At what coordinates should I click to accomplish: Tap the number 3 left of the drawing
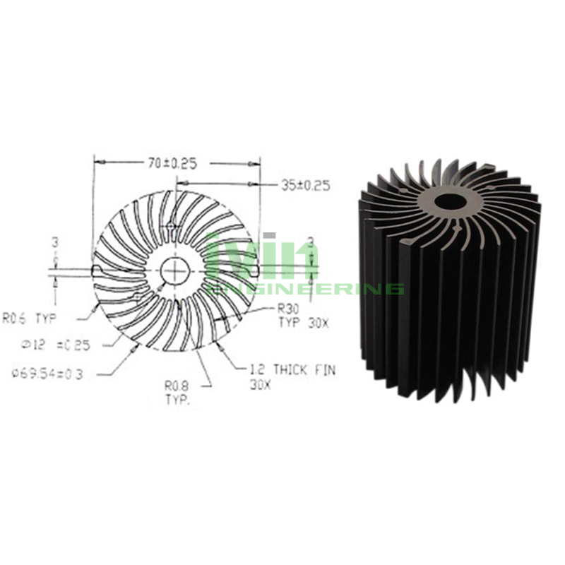tap(55, 242)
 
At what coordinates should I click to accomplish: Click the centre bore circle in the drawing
tap(173, 270)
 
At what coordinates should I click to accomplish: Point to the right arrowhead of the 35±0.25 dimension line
tap(258, 185)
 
